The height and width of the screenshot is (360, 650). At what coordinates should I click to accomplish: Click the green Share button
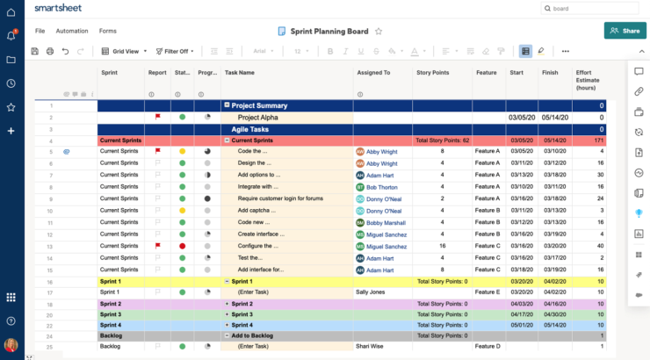tap(625, 31)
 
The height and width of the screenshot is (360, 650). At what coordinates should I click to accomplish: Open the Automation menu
tap(72, 31)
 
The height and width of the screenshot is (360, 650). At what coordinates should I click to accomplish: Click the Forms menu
tap(107, 31)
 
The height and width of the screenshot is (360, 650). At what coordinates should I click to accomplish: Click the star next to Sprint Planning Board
tap(379, 31)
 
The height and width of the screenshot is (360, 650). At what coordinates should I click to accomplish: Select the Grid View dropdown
tap(121, 51)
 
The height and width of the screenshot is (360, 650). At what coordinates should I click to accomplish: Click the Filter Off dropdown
tap(175, 51)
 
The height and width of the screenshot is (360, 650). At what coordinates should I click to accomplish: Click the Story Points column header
tap(432, 73)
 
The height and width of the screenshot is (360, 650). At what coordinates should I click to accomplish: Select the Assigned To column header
tap(373, 73)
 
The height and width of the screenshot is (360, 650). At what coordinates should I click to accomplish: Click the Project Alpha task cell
tap(257, 117)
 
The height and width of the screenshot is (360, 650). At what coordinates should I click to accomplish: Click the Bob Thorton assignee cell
tap(381, 187)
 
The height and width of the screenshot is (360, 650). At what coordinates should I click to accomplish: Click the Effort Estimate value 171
tap(598, 140)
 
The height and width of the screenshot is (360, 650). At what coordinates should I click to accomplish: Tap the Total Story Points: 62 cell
tap(442, 140)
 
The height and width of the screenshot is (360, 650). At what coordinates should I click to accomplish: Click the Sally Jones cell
tap(372, 292)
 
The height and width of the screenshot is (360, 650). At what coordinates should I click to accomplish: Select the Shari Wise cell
tap(370, 346)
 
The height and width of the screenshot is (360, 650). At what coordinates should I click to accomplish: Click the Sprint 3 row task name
tap(242, 313)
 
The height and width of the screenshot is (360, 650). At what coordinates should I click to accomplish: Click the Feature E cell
tap(487, 292)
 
